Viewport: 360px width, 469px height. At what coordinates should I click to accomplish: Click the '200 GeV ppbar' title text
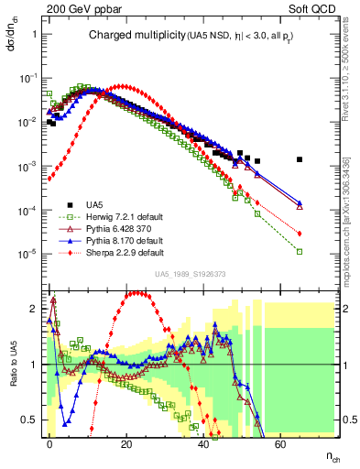[72, 9]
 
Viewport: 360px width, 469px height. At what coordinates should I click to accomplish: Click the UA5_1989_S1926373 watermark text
[190, 274]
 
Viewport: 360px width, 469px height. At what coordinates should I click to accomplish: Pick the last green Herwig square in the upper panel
[300, 250]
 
